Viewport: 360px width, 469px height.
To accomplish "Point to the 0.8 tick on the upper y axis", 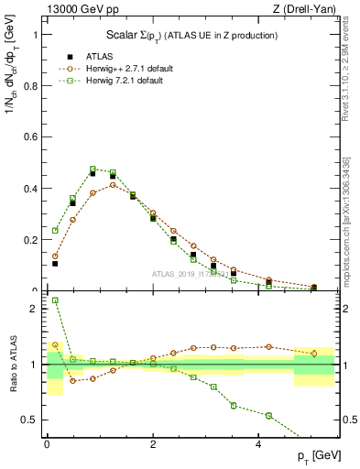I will point(34,86).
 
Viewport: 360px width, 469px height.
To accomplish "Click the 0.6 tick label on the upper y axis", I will point(34,137).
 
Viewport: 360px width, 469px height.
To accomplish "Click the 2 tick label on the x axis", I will point(153,444).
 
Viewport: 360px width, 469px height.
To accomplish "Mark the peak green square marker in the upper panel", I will point(93,169).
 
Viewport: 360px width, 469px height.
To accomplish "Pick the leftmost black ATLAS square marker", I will point(55,264).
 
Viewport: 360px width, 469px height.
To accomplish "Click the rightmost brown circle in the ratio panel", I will point(314,353).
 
